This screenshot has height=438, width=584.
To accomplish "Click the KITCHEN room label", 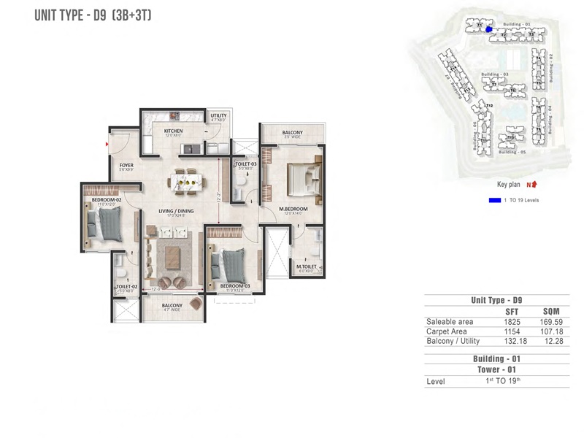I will pyautogui.click(x=173, y=131).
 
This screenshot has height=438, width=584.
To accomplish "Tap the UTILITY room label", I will pyautogui.click(x=218, y=115).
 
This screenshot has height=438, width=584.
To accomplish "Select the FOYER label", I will pyautogui.click(x=126, y=166).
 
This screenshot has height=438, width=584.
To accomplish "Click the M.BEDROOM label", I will pyautogui.click(x=293, y=209).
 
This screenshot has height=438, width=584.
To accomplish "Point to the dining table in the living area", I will pyautogui.click(x=182, y=181).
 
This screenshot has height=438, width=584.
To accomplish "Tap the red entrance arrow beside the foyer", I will pyautogui.click(x=108, y=145).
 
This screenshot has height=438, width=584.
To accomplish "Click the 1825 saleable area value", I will pyautogui.click(x=511, y=321).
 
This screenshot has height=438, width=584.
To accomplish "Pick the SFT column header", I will pyautogui.click(x=511, y=311).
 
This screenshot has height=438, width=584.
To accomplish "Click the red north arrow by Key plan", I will pyautogui.click(x=534, y=185).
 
